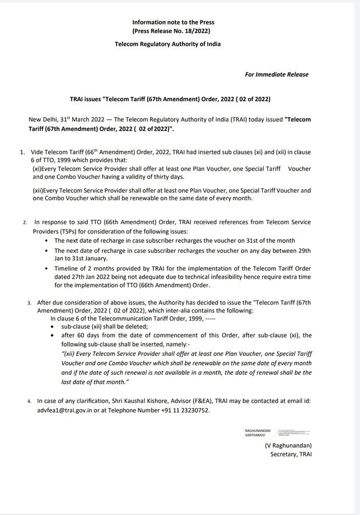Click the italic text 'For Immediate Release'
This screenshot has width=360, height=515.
[x=276, y=74]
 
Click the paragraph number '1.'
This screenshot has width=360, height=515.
[x=22, y=152]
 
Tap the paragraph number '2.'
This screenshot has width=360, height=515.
[x=25, y=221]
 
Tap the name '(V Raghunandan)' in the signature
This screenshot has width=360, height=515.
[x=288, y=445]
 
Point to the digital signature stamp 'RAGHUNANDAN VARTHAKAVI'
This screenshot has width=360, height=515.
[x=256, y=432]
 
